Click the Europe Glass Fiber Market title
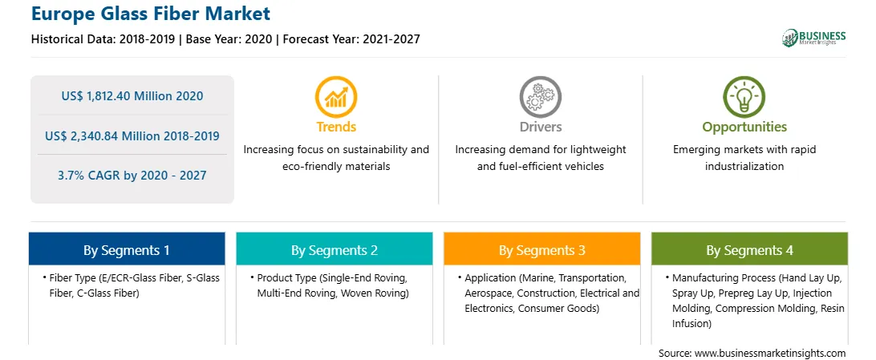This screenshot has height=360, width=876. point(151,14)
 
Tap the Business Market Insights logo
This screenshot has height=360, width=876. point(814,38)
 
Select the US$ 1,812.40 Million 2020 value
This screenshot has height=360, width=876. point(132,96)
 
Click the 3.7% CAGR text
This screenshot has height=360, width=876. point(91,176)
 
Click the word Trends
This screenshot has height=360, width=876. point(336,127)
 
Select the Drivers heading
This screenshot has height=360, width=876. point(541,127)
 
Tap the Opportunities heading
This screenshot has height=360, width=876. point(744,127)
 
